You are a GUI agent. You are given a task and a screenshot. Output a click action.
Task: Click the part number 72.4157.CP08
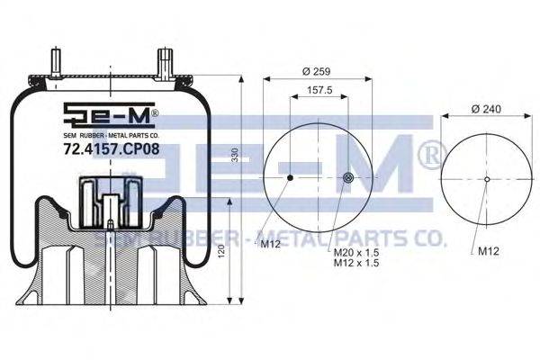[x=112, y=148]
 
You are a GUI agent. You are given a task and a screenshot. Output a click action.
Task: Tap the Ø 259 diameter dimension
[x=316, y=71]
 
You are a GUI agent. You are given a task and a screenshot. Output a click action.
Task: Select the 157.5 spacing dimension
[x=319, y=90]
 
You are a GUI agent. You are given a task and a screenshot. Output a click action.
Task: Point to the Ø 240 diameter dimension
[x=486, y=109]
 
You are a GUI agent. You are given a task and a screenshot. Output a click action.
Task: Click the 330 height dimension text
[x=235, y=156]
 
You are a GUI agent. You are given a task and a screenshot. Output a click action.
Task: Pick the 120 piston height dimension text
[x=221, y=251]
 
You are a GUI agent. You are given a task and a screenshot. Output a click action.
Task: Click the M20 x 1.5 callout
[x=356, y=253]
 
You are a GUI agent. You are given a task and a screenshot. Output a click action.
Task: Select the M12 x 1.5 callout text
[x=356, y=263]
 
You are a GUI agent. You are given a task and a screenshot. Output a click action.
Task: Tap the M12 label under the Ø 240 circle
[x=489, y=251]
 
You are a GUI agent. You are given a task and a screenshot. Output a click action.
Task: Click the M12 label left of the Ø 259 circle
[x=270, y=244]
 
